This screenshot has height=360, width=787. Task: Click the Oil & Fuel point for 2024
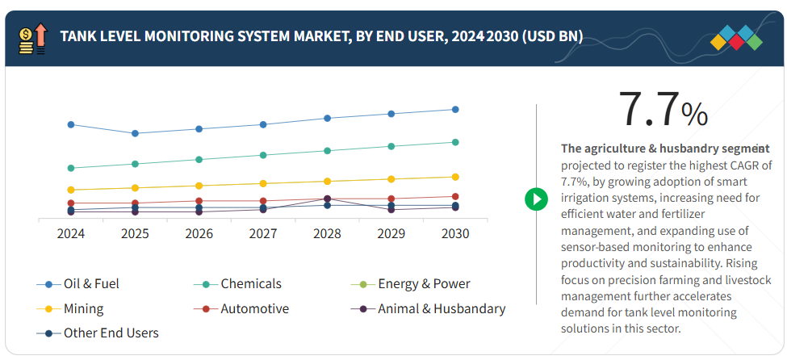(x=71, y=124)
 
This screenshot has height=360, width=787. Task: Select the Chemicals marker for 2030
(x=455, y=142)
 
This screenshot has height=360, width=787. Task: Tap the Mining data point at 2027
(x=263, y=183)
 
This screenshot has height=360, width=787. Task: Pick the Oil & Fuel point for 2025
(x=135, y=133)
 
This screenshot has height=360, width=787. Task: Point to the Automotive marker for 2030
(x=455, y=196)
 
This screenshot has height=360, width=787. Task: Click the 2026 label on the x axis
(x=199, y=233)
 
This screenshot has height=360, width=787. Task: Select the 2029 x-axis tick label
(x=391, y=233)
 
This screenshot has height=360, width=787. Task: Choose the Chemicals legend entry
(x=238, y=283)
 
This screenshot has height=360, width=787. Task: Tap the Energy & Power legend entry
(x=412, y=283)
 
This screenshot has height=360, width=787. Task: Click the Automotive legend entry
(x=241, y=308)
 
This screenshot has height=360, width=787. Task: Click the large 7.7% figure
(x=662, y=110)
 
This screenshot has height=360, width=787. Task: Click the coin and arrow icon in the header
(x=31, y=38)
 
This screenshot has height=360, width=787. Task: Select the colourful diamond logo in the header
(x=735, y=38)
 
